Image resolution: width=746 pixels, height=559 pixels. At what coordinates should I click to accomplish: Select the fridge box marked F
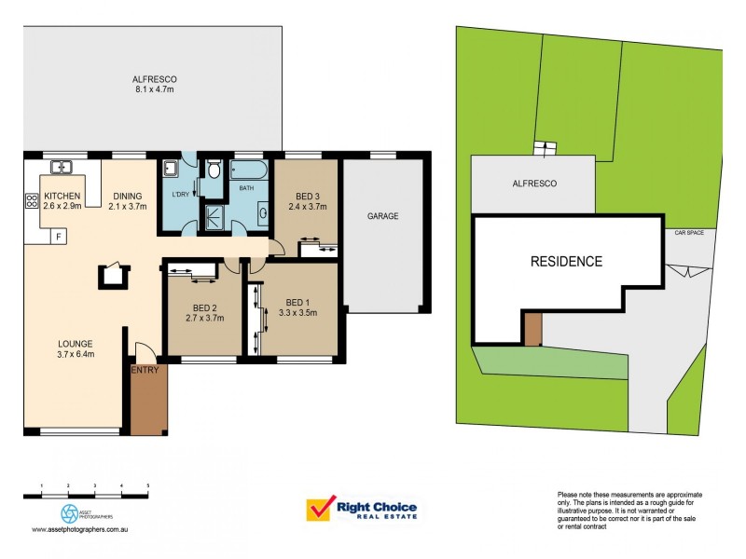(x=60, y=237)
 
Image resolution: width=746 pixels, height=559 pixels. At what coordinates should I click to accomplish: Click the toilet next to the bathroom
(x=214, y=170)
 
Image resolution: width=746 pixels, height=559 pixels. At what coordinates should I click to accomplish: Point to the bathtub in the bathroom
(x=247, y=170)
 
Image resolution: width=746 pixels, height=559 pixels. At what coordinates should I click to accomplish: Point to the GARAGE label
(x=382, y=216)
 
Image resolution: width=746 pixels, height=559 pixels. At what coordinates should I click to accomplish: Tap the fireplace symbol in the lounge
(x=114, y=274)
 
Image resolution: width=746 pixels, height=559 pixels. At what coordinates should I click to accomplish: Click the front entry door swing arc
(x=145, y=352)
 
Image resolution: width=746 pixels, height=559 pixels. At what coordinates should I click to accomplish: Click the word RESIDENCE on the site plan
(x=566, y=262)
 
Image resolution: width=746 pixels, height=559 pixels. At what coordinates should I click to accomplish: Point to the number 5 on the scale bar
(x=148, y=486)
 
